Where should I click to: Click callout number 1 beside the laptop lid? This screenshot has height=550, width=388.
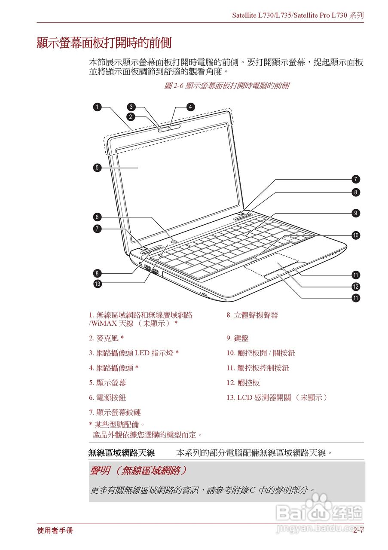coord(98,107)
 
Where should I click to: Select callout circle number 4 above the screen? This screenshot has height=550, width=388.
coord(190,107)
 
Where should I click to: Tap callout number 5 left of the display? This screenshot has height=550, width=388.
coord(98,168)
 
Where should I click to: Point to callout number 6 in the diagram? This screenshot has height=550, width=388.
coord(98,217)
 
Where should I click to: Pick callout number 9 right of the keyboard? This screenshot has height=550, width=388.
coord(355,213)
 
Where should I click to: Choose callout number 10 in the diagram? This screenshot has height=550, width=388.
coord(355,235)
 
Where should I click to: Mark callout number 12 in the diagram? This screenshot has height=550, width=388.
coord(355,286)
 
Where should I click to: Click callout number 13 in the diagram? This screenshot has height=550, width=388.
coord(98,284)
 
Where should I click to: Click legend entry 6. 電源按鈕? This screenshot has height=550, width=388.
coord(107,398)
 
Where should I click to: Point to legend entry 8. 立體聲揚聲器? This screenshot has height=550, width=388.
coord(252,315)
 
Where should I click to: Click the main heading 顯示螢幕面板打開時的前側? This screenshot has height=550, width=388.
coord(104,43)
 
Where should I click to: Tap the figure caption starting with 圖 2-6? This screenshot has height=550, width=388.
coord(226,86)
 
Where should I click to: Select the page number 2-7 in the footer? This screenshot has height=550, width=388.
coord(358,531)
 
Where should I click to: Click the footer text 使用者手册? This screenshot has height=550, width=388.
coord(55,531)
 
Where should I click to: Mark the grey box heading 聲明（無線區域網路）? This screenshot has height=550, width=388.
coord(138,471)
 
